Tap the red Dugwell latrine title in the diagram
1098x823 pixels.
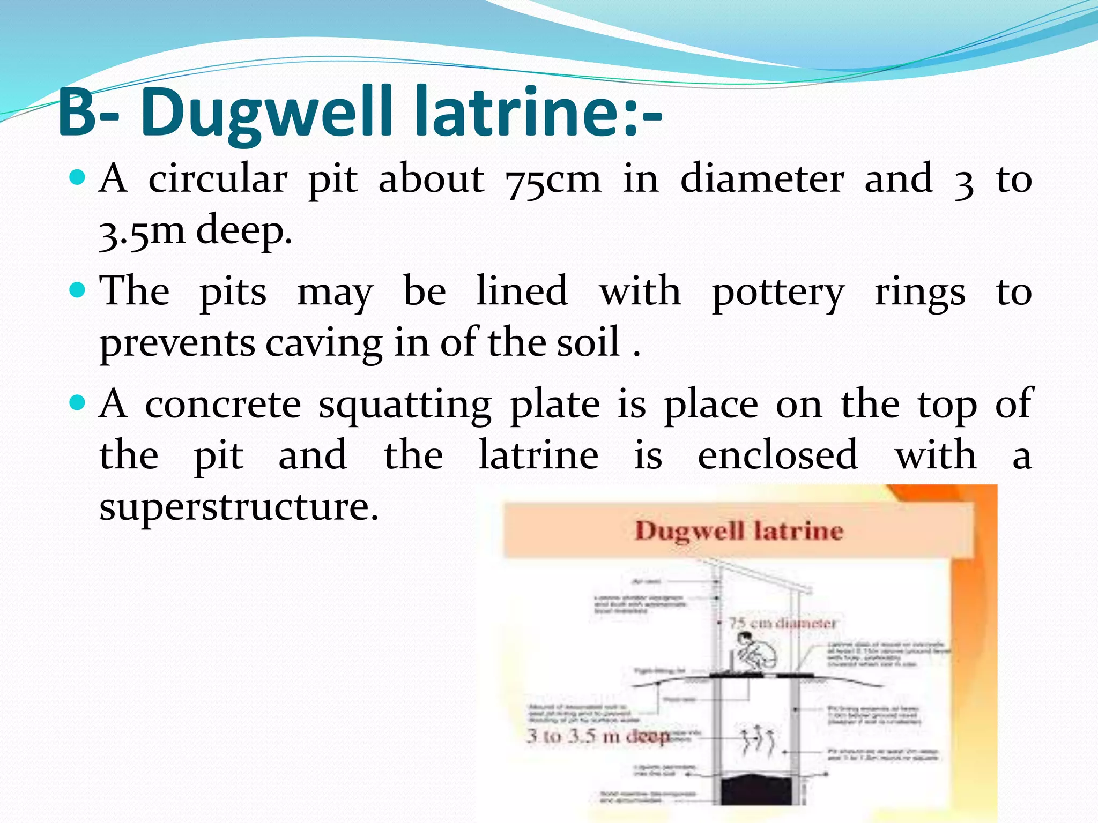[x=739, y=531]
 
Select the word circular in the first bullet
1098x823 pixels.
[x=218, y=179]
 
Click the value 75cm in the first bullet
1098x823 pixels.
[x=552, y=180]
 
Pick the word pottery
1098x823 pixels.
[x=778, y=293]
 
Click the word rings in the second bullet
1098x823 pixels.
[x=920, y=293]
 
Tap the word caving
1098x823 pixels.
[x=323, y=343]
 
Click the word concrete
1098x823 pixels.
[x=223, y=404]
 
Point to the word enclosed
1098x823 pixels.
[x=777, y=455]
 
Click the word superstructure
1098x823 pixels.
[x=239, y=507]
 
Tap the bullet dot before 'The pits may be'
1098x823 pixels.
[x=78, y=290]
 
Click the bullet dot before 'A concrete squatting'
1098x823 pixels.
[x=78, y=402]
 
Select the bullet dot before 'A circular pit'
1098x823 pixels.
[x=78, y=177]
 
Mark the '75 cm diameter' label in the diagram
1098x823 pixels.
[x=782, y=623]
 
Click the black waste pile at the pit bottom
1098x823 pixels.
[x=756, y=788]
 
